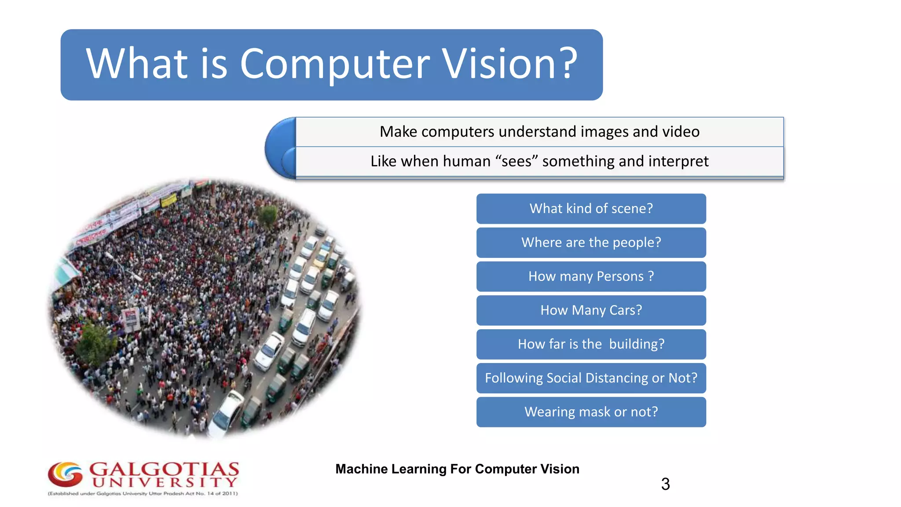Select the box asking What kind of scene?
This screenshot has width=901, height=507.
click(x=591, y=209)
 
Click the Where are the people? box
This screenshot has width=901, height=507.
click(x=591, y=242)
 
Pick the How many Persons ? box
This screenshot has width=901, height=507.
click(x=591, y=276)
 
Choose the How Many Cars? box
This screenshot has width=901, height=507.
click(x=591, y=310)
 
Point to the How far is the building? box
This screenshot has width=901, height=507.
click(x=591, y=344)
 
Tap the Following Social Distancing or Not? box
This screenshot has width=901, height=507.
click(x=591, y=378)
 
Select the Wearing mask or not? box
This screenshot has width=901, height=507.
click(x=591, y=412)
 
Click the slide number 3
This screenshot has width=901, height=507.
click(x=665, y=484)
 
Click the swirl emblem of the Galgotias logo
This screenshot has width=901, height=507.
click(x=65, y=474)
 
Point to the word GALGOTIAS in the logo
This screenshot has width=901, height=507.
click(x=164, y=469)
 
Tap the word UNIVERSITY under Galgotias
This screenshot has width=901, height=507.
click(x=165, y=482)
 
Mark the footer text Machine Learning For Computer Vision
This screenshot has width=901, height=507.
click(x=457, y=469)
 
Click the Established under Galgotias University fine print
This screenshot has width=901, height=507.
click(x=143, y=494)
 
